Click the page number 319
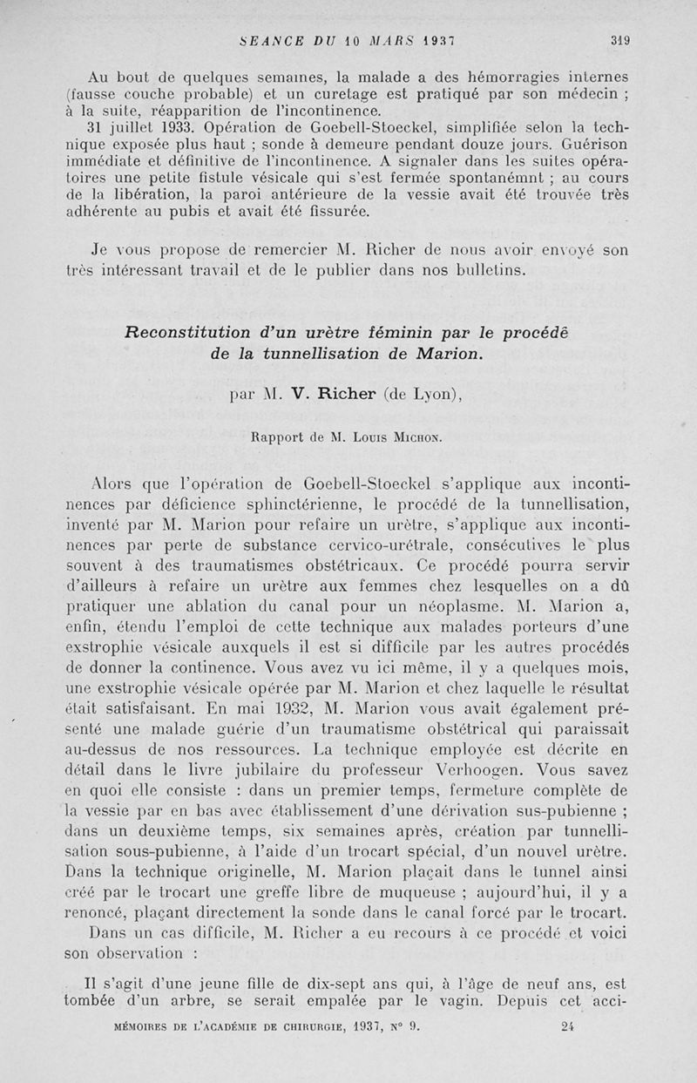coord(619,39)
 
